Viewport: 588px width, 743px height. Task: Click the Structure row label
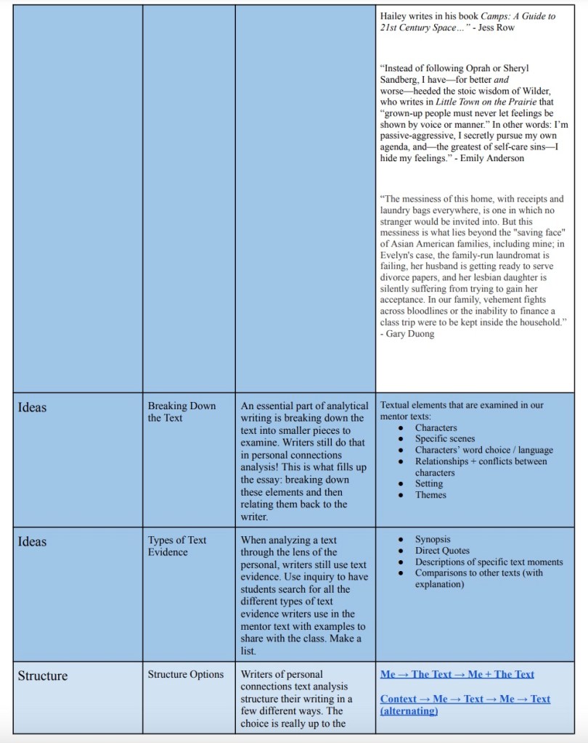coord(43,676)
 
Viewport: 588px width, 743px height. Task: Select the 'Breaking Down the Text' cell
coord(181,411)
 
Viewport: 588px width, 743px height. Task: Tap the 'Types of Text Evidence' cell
coord(177,546)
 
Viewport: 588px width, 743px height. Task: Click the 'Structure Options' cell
coord(186,674)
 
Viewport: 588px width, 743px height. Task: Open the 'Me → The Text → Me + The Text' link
coord(457,674)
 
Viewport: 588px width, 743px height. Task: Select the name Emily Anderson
coord(492,158)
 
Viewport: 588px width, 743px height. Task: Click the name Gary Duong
coord(410,334)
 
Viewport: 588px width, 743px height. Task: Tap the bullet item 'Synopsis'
coord(433,539)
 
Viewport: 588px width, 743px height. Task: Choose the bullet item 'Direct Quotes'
coord(442,551)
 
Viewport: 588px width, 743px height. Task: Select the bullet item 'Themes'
coord(430,495)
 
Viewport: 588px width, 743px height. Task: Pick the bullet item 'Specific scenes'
coord(445,438)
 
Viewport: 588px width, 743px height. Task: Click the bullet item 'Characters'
coord(436,427)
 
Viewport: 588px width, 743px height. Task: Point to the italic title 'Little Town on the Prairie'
coord(481,102)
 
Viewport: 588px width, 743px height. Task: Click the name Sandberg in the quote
coord(401,79)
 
